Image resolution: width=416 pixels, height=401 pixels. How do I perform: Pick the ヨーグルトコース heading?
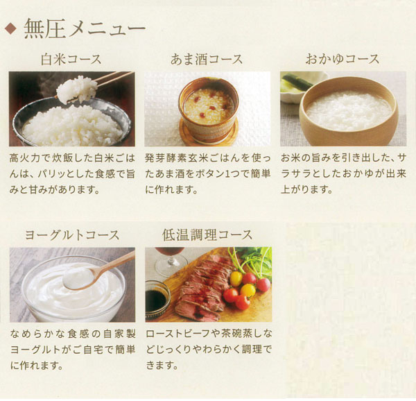(x=71, y=235)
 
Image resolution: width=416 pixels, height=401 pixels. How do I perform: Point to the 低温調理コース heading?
(x=207, y=235)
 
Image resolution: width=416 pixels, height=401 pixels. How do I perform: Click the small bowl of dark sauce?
(x=157, y=300)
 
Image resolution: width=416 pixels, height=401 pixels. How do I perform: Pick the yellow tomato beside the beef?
(x=248, y=290)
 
